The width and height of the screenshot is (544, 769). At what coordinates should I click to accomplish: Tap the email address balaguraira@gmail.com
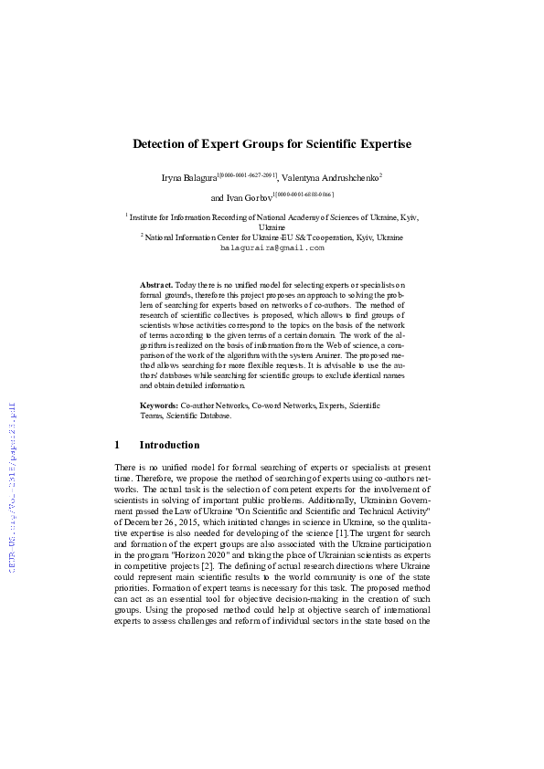click(x=272, y=248)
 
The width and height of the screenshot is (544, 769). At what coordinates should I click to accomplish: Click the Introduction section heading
click(x=169, y=446)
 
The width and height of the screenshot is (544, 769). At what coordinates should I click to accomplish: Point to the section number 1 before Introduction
click(x=117, y=446)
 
